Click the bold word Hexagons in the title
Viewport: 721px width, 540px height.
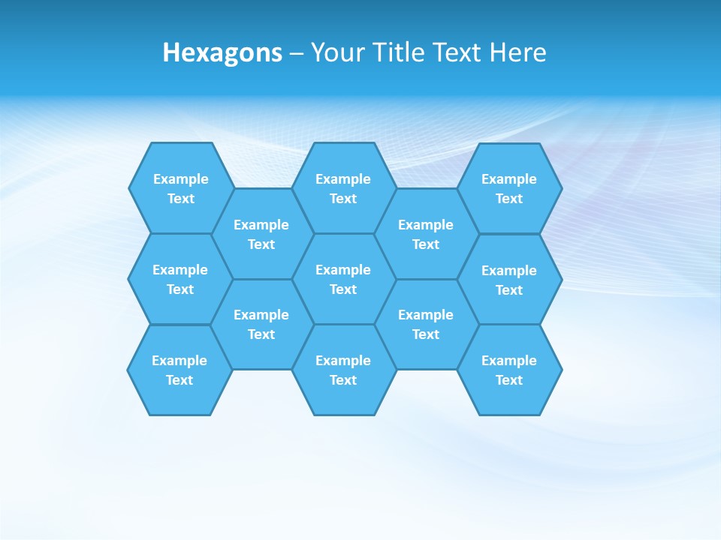tap(222, 52)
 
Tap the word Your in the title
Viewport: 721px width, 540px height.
tap(336, 52)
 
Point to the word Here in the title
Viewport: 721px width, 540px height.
tap(517, 52)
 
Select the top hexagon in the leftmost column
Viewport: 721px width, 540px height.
tap(180, 188)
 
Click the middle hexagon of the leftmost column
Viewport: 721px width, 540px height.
tap(180, 279)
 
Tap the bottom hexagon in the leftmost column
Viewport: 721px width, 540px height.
tap(179, 370)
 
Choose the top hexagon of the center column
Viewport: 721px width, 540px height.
tap(343, 188)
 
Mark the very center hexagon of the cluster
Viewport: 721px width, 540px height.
tap(343, 279)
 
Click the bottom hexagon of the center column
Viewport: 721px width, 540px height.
tap(343, 370)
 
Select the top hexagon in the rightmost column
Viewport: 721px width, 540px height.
tap(509, 188)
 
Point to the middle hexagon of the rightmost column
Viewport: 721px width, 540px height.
tap(509, 280)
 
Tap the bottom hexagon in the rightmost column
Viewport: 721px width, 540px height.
tap(509, 370)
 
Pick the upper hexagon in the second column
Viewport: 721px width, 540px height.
tap(261, 234)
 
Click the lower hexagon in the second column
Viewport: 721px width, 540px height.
tap(261, 324)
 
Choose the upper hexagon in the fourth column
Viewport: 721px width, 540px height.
tap(426, 234)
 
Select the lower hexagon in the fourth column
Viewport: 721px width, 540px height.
tap(426, 324)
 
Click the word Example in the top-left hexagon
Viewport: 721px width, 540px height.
tap(180, 179)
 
